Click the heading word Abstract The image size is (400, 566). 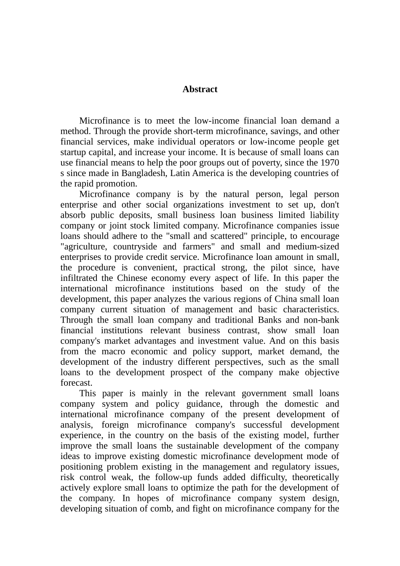pos(200,89)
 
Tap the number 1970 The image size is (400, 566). pos(330,163)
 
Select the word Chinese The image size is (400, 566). pos(132,278)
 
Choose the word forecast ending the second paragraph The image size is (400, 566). pos(76,383)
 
